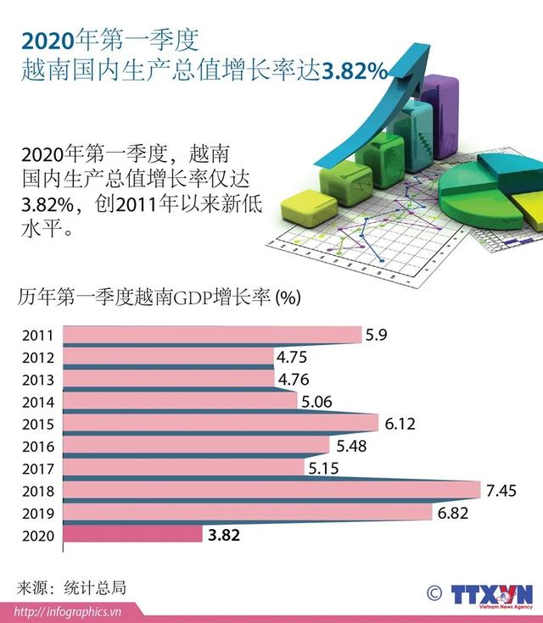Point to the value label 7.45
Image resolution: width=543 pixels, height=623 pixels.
[x=501, y=491]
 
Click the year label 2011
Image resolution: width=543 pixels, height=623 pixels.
[x=38, y=335]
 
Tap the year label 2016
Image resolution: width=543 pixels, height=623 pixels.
[x=38, y=446]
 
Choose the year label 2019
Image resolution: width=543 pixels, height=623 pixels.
[x=38, y=514]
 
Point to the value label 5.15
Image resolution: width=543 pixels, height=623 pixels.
[x=324, y=468]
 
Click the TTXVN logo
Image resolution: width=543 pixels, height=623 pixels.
[x=492, y=593]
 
